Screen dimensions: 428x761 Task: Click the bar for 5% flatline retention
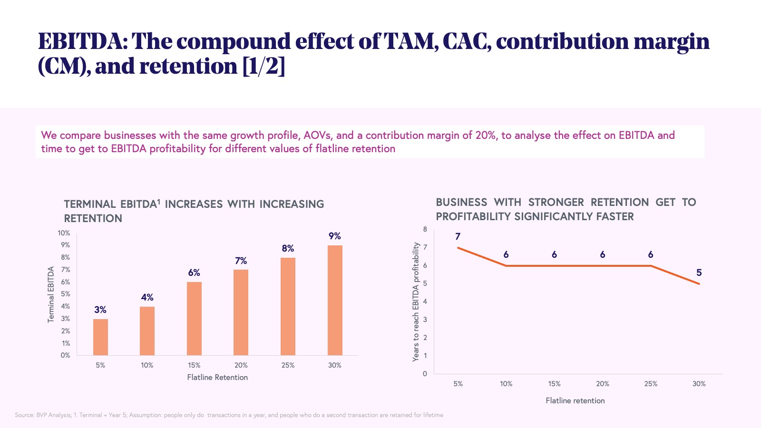[100, 337]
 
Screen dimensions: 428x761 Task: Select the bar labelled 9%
[335, 300]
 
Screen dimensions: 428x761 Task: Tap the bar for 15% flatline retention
[194, 319]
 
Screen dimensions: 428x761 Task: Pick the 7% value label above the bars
[241, 261]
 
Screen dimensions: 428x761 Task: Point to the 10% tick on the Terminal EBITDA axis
[64, 233]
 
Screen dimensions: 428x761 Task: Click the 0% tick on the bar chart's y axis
[65, 355]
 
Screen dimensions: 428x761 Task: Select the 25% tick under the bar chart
[288, 365]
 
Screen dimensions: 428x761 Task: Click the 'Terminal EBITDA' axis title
[51, 294]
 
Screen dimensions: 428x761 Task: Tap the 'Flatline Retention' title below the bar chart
[217, 378]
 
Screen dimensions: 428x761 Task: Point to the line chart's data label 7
[458, 236]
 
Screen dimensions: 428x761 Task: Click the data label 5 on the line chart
[699, 272]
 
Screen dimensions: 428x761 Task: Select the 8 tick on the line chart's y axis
[425, 229]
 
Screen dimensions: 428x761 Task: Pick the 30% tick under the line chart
[699, 384]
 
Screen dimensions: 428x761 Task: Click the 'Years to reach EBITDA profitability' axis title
[416, 302]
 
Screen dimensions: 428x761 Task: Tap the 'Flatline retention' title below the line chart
[575, 401]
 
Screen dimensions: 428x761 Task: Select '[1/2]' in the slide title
[263, 66]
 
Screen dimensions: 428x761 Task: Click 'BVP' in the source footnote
[42, 415]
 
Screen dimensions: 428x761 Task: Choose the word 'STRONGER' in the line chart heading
[556, 203]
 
